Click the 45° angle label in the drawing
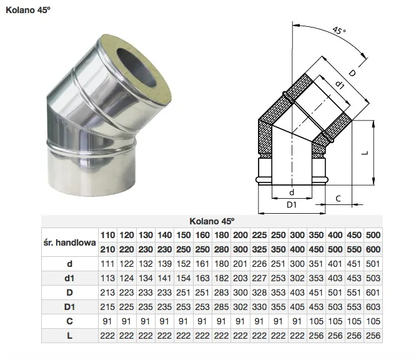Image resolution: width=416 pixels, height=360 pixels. pos(339,31)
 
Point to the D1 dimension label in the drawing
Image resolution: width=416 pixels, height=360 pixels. pos(292,205)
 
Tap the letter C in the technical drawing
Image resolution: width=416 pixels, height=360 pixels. pos(338,199)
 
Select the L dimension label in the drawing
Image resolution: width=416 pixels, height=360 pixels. pos(365,153)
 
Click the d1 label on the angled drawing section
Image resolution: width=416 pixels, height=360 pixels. pos(340,84)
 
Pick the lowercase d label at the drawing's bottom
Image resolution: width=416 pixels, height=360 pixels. pos(292,192)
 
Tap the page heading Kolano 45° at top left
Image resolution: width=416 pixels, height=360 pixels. pos(28,10)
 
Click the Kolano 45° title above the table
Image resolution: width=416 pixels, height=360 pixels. pos(212,221)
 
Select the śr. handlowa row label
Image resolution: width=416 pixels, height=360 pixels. pos(69,242)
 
